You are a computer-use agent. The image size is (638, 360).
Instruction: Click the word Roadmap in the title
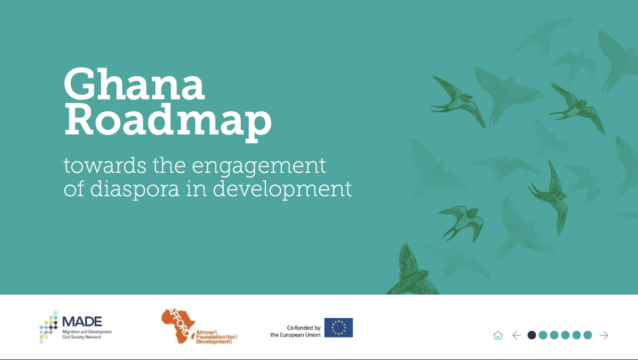click(x=168, y=122)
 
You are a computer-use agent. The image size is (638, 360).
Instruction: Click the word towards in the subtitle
click(x=105, y=166)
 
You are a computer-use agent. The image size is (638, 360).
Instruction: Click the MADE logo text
click(x=82, y=322)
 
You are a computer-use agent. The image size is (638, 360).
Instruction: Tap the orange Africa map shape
click(x=179, y=326)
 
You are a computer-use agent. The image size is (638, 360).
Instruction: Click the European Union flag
click(x=338, y=328)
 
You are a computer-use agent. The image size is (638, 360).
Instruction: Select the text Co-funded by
click(x=304, y=328)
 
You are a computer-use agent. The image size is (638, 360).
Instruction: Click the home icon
click(x=498, y=335)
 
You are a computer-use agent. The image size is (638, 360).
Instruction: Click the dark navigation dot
click(x=532, y=335)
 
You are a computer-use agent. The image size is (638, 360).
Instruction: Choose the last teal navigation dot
click(x=587, y=335)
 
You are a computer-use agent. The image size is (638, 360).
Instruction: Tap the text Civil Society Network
click(x=82, y=337)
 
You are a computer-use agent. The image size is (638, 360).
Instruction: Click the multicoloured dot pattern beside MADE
click(x=49, y=327)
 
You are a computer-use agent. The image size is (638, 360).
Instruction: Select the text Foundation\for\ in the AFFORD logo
click(x=216, y=337)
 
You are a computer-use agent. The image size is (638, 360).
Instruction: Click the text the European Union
click(x=296, y=335)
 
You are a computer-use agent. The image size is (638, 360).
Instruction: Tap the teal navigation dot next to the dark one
click(x=543, y=335)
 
